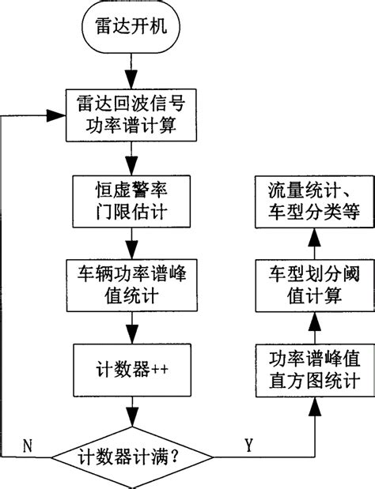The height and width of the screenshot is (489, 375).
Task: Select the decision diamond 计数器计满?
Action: [x=132, y=457]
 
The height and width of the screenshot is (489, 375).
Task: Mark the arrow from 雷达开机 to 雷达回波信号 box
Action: [x=132, y=73]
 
